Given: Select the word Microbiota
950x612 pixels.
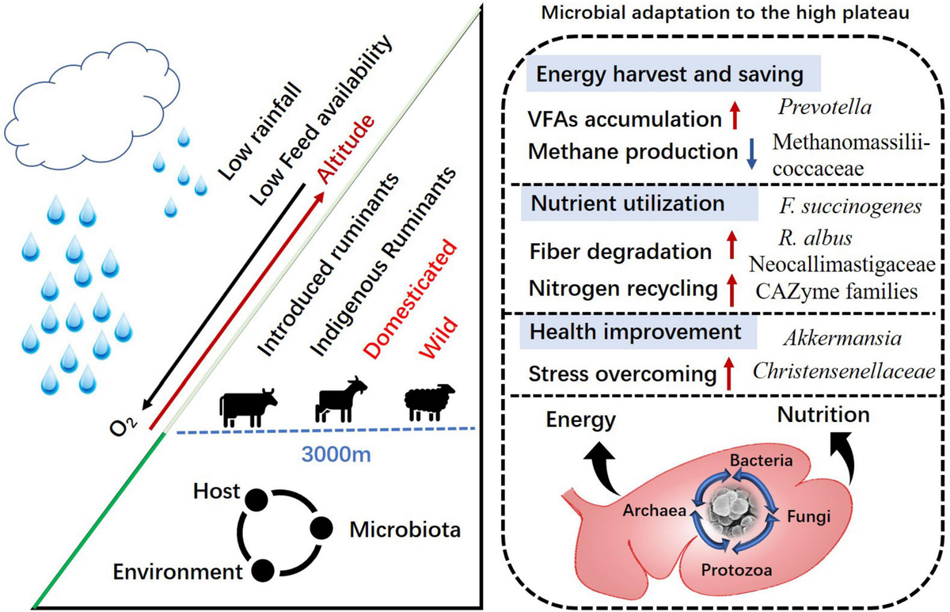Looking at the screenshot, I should (x=403, y=530).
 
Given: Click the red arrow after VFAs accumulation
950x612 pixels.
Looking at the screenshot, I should (x=735, y=119).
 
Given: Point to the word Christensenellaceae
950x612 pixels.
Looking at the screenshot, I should (x=843, y=371).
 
